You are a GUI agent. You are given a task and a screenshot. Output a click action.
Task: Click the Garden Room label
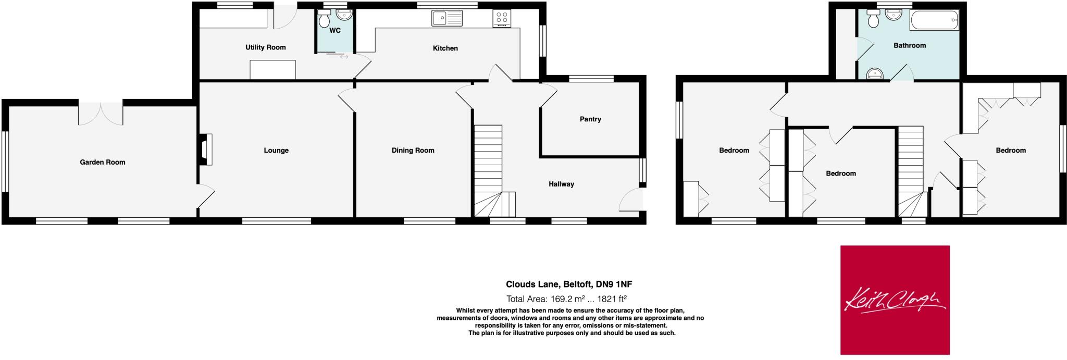click(x=102, y=162)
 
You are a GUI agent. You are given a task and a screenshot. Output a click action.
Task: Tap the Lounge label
click(x=276, y=151)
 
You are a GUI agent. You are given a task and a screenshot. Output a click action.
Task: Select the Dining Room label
click(x=413, y=151)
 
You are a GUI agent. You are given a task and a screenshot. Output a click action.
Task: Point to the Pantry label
click(x=590, y=119)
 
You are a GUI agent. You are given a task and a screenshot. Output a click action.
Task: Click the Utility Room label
click(x=266, y=47)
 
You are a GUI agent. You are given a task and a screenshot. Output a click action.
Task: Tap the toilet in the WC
click(x=325, y=20)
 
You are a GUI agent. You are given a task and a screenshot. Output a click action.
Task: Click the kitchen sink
click(x=446, y=18)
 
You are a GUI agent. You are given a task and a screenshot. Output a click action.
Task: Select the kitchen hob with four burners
click(x=502, y=18)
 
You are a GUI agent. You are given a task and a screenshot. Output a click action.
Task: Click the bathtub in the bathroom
click(x=934, y=21)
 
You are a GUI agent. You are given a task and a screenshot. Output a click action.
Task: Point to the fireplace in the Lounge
click(x=205, y=150)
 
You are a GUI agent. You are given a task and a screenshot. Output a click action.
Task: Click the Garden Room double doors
click(x=101, y=112)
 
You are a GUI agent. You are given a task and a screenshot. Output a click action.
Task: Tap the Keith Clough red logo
click(x=895, y=300)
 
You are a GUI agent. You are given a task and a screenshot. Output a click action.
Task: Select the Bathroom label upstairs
click(x=910, y=45)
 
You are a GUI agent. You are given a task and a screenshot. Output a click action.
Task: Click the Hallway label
click(x=561, y=184)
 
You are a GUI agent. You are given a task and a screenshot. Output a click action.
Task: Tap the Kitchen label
click(x=445, y=48)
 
